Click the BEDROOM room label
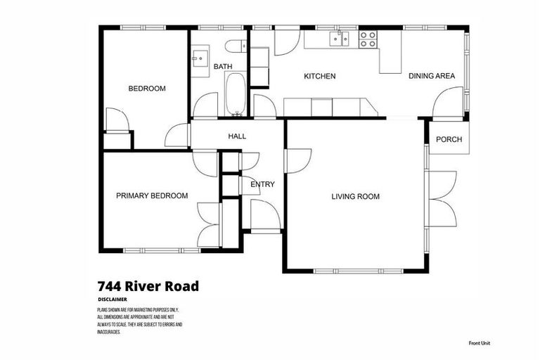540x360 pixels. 146,89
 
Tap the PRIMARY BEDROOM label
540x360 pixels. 152,196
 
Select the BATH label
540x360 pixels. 223,67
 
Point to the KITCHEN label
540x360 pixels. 319,76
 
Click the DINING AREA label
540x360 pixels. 432,76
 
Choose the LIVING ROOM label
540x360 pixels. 355,197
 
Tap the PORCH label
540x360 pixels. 449,139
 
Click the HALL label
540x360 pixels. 237,136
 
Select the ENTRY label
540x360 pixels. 262,185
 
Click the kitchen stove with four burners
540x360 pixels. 368,39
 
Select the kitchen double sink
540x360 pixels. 341,39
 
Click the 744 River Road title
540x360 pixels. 148,286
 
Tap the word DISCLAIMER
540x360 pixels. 112,300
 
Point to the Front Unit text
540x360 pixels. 480,343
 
